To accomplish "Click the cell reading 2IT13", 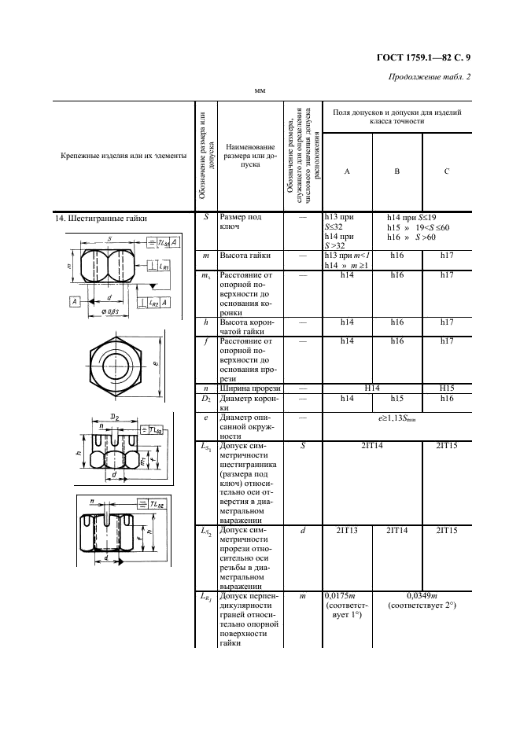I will coord(347,532).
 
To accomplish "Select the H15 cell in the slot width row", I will coord(446,388).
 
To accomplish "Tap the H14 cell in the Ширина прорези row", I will coord(372,388).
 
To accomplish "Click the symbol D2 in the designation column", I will coord(205,399).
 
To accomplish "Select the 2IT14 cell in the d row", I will coord(397,532).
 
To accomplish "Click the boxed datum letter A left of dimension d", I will coord(73,301).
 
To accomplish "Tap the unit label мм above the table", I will coord(259,91).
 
